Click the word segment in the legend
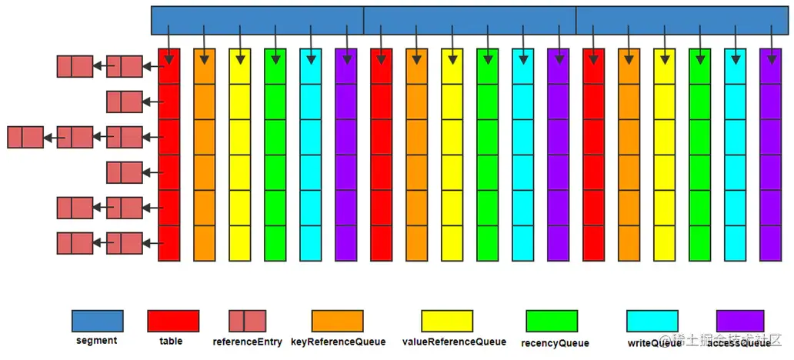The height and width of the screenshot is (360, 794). click(x=97, y=341)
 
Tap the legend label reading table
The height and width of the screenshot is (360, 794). click(x=171, y=341)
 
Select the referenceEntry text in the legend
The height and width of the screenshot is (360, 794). click(x=247, y=342)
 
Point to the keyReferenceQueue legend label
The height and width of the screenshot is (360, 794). click(x=337, y=341)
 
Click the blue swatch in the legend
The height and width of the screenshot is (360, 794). click(x=97, y=321)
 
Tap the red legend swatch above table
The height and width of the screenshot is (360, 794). click(x=173, y=321)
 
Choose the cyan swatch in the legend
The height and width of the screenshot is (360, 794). click(x=652, y=321)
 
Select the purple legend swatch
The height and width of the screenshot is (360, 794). click(x=740, y=321)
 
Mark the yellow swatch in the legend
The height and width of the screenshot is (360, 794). click(x=447, y=321)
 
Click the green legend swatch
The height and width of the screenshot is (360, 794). click(x=552, y=321)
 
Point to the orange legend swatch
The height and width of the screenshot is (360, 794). click(x=338, y=321)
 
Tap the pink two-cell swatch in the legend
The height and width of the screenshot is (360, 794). click(x=247, y=321)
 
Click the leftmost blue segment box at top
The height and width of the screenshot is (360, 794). click(x=257, y=20)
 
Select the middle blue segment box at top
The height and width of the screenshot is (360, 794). click(x=469, y=20)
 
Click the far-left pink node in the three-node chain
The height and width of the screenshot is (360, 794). click(x=25, y=138)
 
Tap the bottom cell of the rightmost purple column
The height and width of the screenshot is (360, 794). click(x=770, y=243)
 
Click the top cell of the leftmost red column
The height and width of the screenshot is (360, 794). click(x=169, y=66)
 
